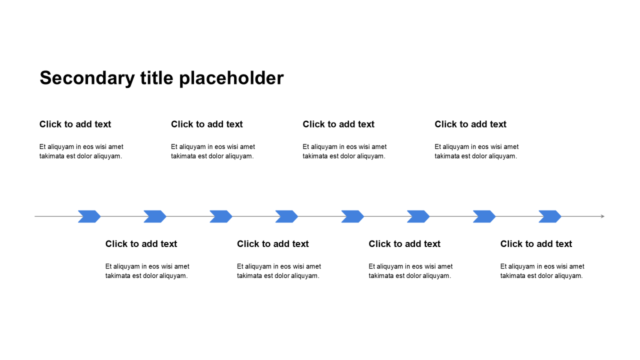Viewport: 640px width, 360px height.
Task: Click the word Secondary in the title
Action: (x=87, y=78)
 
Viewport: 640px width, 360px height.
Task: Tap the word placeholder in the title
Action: (x=231, y=78)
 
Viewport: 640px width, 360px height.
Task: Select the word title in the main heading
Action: (x=157, y=77)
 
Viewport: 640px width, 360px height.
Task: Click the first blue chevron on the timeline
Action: (x=89, y=216)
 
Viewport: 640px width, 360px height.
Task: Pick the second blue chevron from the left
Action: (x=155, y=216)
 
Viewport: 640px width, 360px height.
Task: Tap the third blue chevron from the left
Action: (x=221, y=216)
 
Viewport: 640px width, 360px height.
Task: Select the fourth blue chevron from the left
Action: (x=286, y=216)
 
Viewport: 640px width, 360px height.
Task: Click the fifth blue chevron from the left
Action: (x=352, y=216)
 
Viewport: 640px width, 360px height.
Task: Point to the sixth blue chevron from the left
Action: (x=418, y=216)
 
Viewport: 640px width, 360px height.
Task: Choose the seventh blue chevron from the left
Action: (x=484, y=216)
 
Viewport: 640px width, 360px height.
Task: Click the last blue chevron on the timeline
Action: (x=550, y=216)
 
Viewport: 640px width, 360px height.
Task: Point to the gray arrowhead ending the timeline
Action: (x=602, y=216)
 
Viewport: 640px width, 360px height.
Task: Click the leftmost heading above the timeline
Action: (x=75, y=124)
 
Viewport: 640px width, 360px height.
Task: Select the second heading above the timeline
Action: (x=207, y=124)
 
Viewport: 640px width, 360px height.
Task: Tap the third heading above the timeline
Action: (x=338, y=124)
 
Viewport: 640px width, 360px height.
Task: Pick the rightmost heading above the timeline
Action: (x=470, y=124)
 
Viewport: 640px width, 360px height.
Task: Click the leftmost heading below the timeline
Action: (x=141, y=244)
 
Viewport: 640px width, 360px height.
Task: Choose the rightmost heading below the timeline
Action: (x=536, y=244)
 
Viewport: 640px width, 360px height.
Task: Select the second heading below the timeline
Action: (x=273, y=244)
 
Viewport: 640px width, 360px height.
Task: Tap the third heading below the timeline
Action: (x=404, y=244)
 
